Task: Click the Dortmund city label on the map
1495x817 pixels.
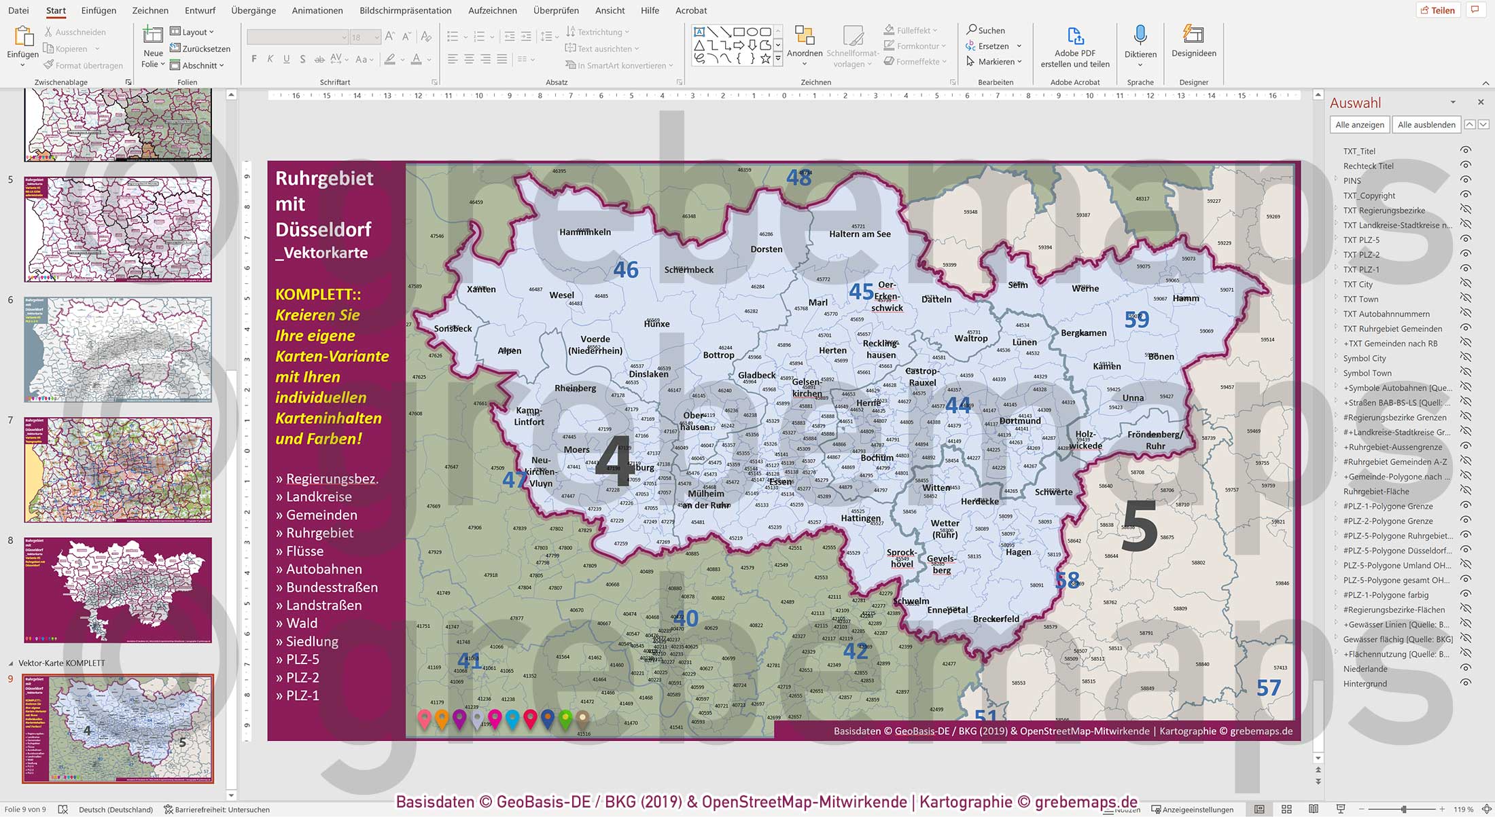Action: pos(1020,421)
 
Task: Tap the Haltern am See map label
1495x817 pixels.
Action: pos(860,234)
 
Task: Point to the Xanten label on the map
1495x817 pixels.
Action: pos(481,289)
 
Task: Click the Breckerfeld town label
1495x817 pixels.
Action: pos(996,619)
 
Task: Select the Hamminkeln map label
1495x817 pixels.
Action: pos(585,232)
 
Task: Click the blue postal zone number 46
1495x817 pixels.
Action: pos(625,270)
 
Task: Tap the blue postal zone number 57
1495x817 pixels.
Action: pos(1268,688)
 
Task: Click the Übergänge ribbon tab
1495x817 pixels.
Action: pos(253,10)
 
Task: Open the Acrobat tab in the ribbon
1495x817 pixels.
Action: pos(691,10)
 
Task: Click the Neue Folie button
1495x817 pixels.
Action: pos(153,48)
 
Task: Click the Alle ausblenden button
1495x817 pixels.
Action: pos(1426,124)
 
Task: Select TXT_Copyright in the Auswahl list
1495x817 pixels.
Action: pos(1369,196)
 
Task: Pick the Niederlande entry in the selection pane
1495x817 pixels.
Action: pos(1365,669)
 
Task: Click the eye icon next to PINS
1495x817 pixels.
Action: pos(1466,181)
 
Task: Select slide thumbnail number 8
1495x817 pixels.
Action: pos(118,590)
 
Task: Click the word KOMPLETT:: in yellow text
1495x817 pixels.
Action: pos(318,295)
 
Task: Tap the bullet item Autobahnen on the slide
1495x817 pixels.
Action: pos(323,569)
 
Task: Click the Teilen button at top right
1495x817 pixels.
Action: pos(1437,10)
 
